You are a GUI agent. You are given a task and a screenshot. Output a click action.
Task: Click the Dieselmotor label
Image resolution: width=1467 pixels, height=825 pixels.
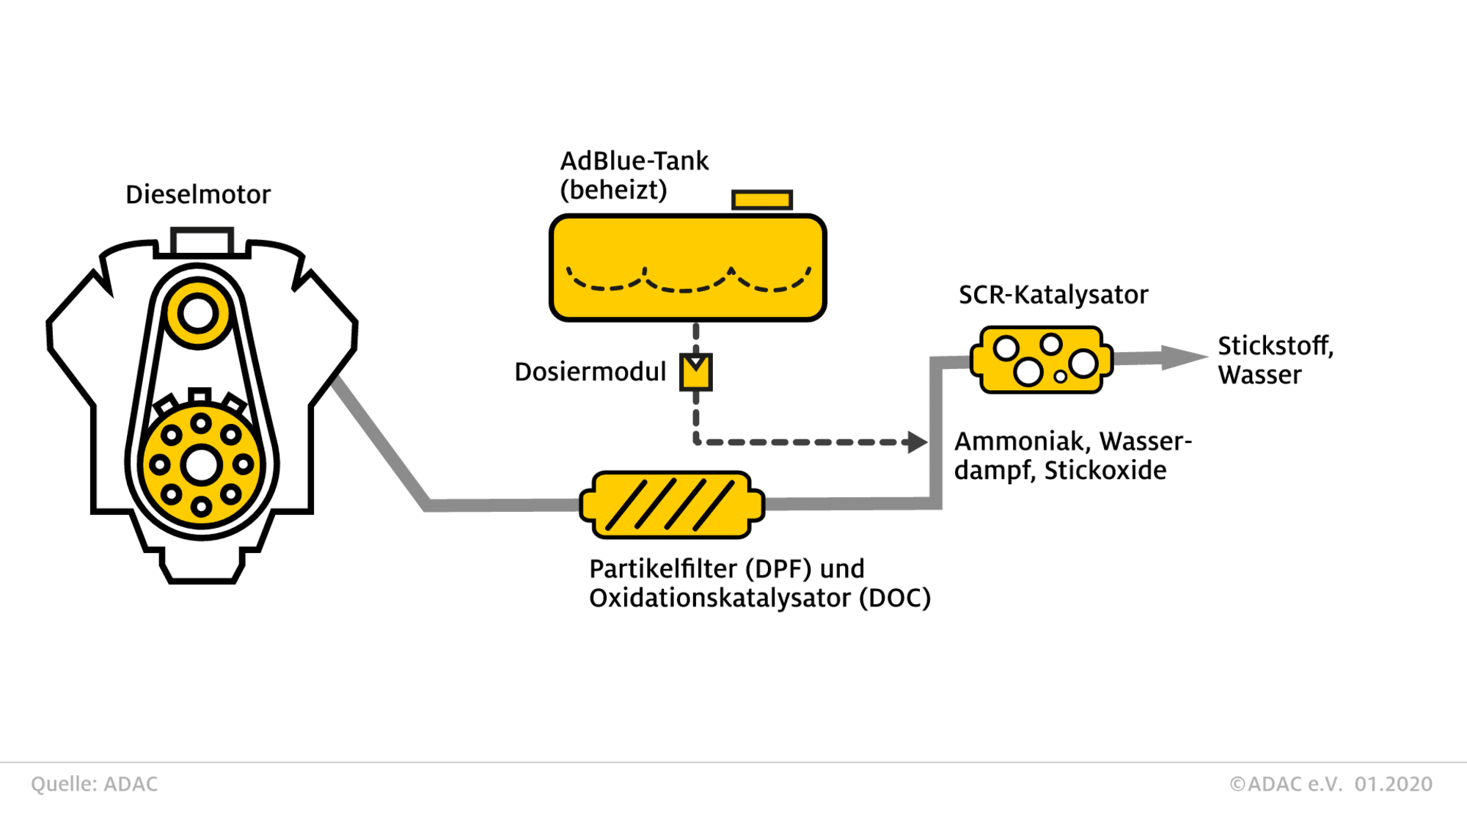point(198,195)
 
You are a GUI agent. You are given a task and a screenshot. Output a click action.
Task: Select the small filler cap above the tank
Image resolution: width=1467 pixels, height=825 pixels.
point(762,199)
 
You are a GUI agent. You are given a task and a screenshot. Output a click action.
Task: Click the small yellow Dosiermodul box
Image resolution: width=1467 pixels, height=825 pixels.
point(695,373)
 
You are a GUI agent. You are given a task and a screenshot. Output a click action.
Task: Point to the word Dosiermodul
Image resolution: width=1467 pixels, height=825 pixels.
point(590,372)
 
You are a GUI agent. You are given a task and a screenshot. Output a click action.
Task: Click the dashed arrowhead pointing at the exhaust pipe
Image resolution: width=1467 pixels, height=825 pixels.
point(917,442)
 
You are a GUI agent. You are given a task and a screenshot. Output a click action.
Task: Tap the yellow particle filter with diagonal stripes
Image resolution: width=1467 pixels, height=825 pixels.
point(671,505)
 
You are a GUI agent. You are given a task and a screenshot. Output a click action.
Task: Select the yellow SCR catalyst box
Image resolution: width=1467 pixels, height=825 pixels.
point(1042,359)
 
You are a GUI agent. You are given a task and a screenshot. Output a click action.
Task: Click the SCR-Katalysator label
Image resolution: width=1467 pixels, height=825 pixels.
point(1053,295)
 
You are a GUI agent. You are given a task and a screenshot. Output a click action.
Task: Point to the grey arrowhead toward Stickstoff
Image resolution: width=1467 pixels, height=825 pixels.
point(1182,357)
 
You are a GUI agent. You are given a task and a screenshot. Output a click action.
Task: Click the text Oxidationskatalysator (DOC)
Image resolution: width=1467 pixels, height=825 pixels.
point(759,598)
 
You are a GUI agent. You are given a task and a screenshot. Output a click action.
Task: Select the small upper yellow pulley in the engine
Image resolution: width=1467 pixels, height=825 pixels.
point(198,314)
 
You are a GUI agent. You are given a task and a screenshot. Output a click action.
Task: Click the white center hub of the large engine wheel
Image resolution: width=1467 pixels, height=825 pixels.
point(201,465)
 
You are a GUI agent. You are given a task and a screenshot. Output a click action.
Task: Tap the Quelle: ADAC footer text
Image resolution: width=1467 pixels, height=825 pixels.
point(94,784)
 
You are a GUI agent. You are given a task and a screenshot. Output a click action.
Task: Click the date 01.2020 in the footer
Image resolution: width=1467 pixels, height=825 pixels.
point(1393,784)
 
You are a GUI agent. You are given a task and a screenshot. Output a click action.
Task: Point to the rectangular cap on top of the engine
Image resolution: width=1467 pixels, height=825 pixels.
point(202,241)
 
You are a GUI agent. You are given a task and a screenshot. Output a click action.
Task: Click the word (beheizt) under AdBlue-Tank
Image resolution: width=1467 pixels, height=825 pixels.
point(613,190)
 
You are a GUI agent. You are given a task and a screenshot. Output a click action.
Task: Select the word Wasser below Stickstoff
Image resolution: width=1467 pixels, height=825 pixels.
point(1259,375)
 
